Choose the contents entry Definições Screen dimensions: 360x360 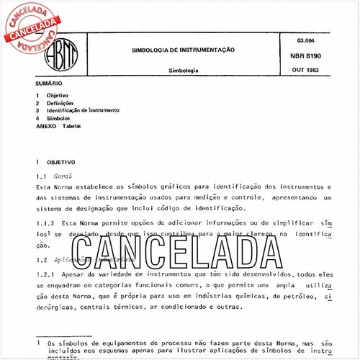pyautogui.click(x=63, y=103)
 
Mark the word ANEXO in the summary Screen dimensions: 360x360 pyautogui.click(x=45, y=126)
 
